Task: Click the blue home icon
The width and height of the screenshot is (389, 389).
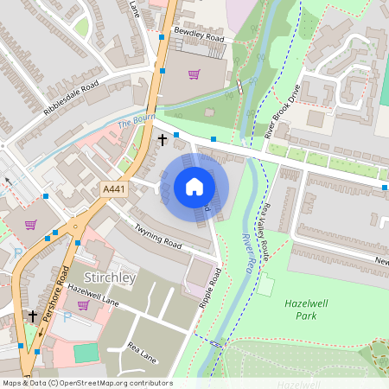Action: point(194,187)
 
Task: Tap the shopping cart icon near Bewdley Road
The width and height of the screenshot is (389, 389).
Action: point(194,74)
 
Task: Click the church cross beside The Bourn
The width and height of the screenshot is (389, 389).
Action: point(162,138)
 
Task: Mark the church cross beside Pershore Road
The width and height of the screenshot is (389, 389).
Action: point(33,316)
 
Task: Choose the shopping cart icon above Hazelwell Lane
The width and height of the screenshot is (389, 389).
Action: point(84,305)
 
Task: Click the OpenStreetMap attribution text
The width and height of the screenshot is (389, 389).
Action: point(86,383)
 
